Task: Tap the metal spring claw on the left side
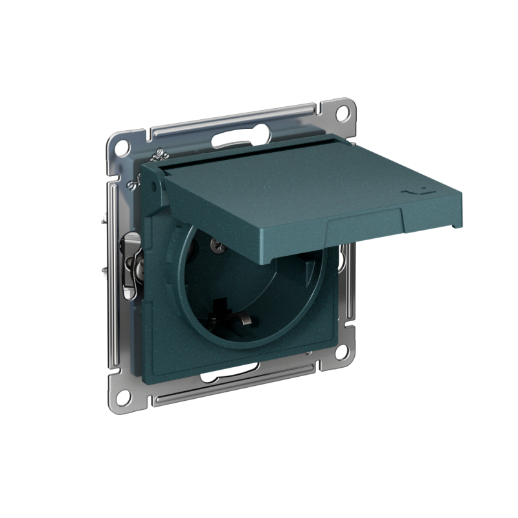[133, 259]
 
